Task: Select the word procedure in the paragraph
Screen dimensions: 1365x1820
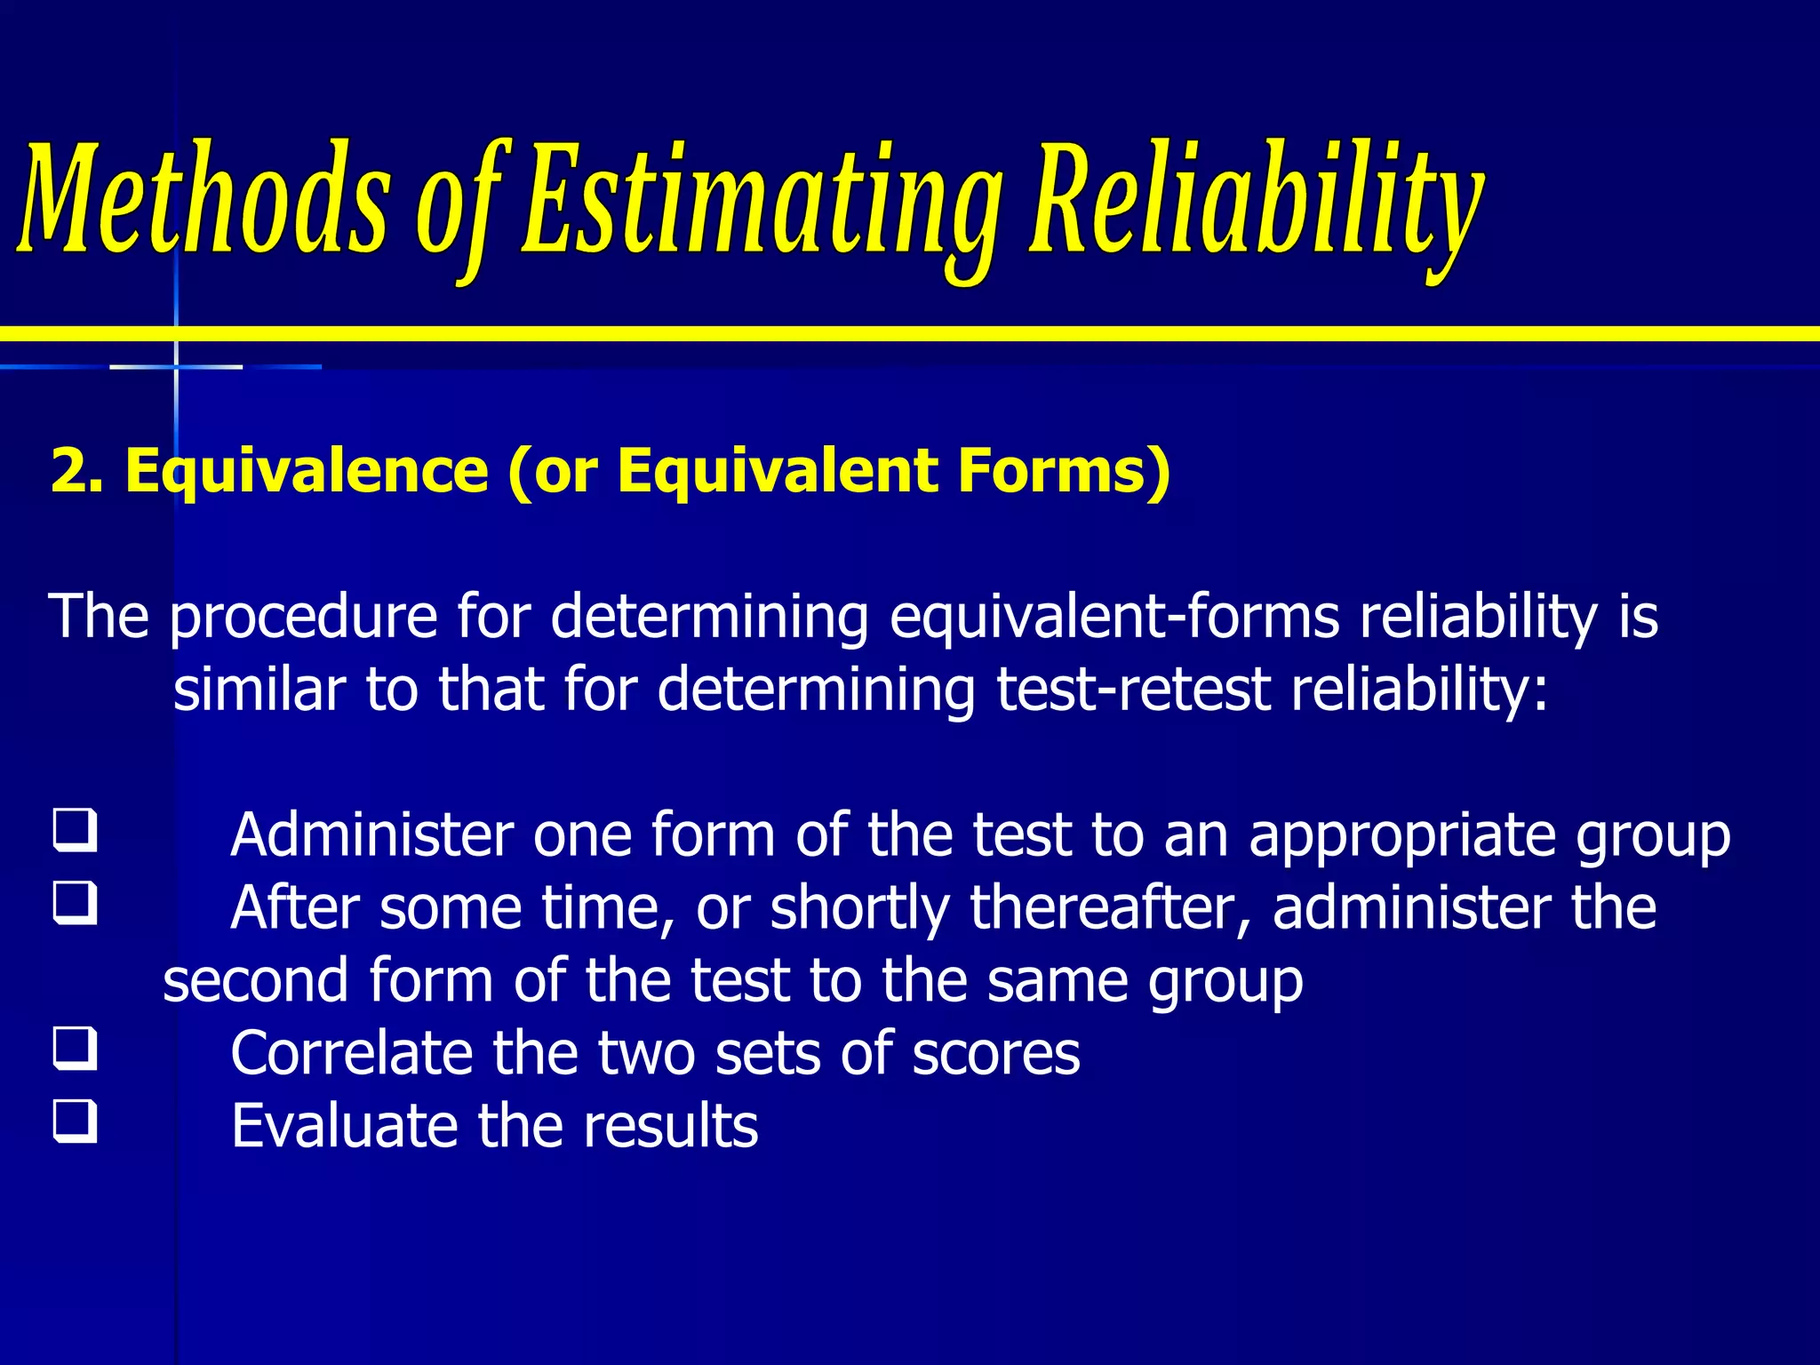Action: coord(303,618)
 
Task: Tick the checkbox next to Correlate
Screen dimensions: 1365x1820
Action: coord(75,1048)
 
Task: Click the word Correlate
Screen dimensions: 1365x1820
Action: coord(351,1054)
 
